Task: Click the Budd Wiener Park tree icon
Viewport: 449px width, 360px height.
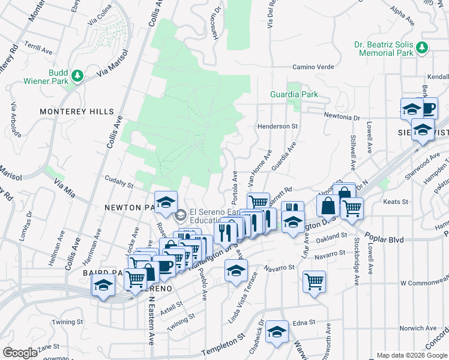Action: pos(77,76)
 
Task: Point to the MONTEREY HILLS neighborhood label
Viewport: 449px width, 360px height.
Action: pos(76,112)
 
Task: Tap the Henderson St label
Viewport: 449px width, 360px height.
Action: pos(278,127)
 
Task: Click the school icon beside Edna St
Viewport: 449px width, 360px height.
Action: pos(277,331)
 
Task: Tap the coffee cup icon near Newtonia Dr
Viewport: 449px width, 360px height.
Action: pos(429,108)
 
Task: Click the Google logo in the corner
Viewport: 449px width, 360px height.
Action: pos(20,353)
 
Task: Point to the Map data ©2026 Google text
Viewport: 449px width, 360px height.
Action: pos(411,355)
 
